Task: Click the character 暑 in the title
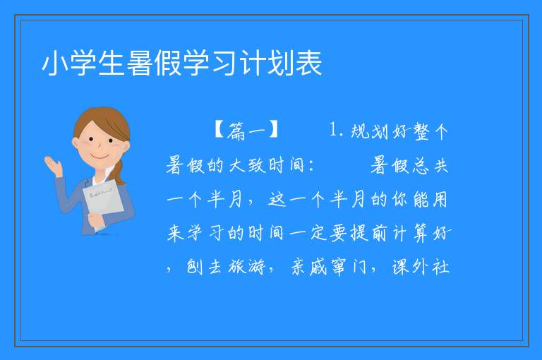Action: pyautogui.click(x=140, y=63)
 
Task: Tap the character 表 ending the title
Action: pyautogui.click(x=309, y=63)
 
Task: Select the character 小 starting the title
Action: pyautogui.click(x=54, y=63)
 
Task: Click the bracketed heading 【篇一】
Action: pyautogui.click(x=246, y=131)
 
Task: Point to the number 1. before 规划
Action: pyautogui.click(x=336, y=131)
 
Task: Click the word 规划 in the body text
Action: pyautogui.click(x=370, y=131)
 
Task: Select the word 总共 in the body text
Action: pyautogui.click(x=430, y=166)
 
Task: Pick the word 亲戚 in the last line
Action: pyautogui.click(x=309, y=267)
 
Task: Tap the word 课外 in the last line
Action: pyautogui.click(x=410, y=267)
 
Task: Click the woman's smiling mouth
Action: pyautogui.click(x=100, y=156)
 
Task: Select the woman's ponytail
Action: pyautogui.click(x=119, y=172)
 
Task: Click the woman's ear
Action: pyautogui.click(x=75, y=143)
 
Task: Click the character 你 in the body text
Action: pyautogui.click(x=401, y=200)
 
